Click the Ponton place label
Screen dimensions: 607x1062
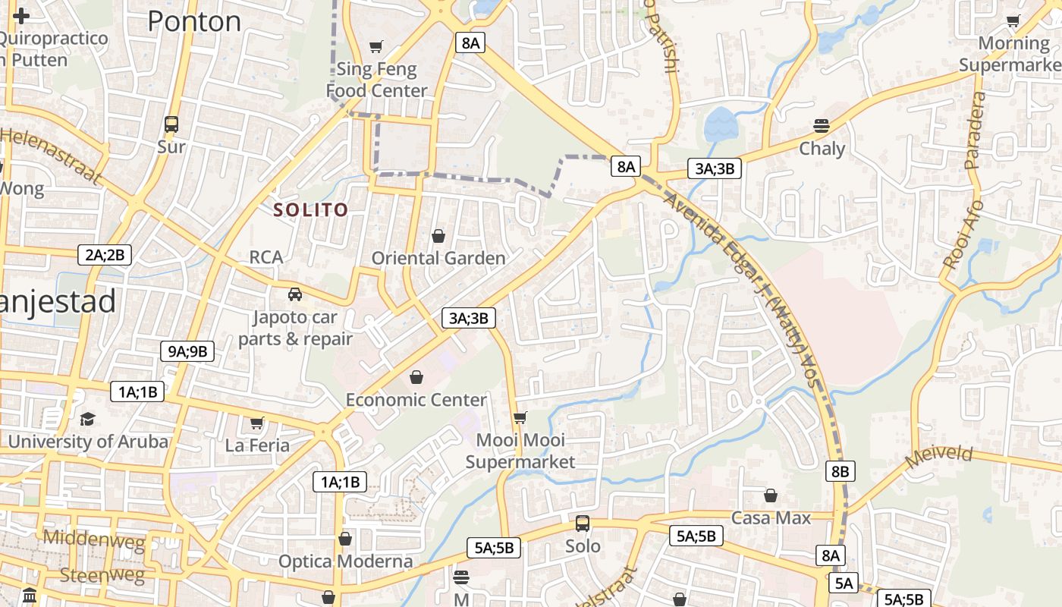(x=194, y=21)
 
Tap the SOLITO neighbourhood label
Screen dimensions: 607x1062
(x=311, y=209)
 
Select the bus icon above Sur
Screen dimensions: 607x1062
(x=171, y=124)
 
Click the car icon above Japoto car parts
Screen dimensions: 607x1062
(x=295, y=294)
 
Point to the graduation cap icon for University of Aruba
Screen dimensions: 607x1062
(x=88, y=419)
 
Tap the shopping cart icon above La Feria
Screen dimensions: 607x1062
(x=257, y=423)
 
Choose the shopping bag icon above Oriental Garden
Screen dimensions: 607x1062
(x=438, y=236)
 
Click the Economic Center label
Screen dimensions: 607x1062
(x=416, y=400)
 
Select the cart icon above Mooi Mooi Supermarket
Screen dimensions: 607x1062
(x=520, y=417)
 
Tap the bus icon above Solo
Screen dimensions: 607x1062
(x=583, y=524)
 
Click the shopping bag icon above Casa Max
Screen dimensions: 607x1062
(x=771, y=495)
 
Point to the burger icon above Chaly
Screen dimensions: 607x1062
(x=822, y=125)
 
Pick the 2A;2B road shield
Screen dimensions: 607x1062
(x=105, y=255)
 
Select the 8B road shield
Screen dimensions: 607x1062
(x=840, y=471)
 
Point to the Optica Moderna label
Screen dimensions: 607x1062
(x=346, y=561)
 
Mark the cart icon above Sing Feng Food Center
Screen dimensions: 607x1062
(x=376, y=46)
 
